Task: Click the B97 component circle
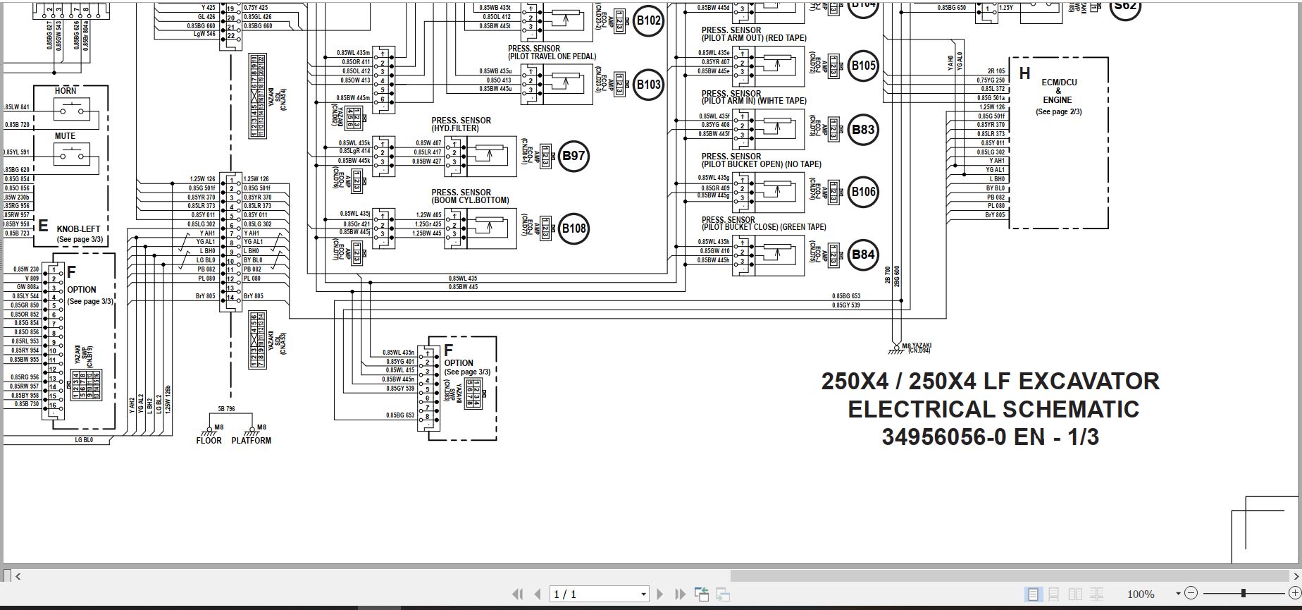573,156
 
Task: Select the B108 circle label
573,228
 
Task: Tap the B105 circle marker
863,66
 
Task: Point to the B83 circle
863,129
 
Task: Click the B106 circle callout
863,192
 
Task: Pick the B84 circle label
863,255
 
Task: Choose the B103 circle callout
648,85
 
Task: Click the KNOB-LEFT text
78,229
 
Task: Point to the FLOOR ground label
209,441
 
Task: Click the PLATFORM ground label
251,441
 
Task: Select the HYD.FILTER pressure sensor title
461,125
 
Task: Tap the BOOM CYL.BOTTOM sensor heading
470,196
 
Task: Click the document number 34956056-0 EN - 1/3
990,437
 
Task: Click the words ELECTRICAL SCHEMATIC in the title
993,409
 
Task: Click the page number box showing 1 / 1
599,594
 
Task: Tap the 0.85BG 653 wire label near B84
845,296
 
